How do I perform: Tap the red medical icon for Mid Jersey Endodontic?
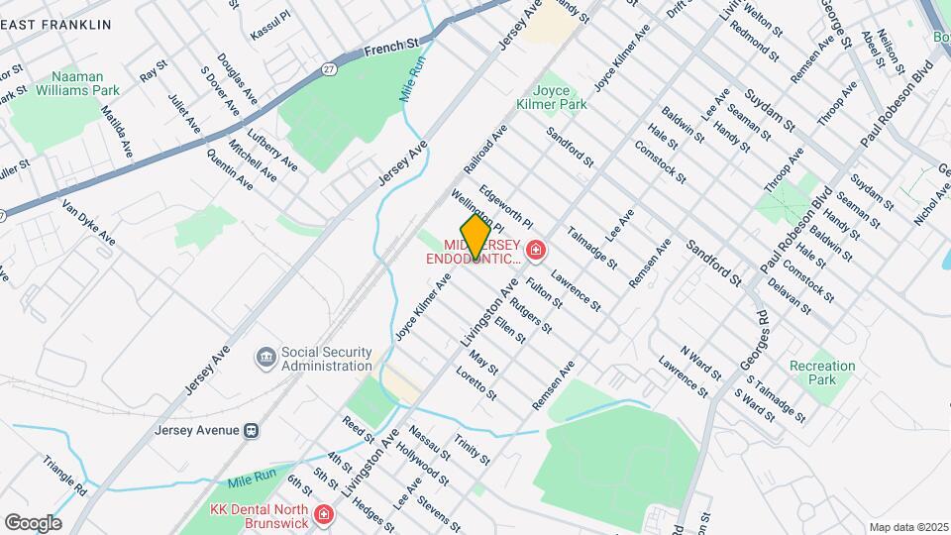point(536,252)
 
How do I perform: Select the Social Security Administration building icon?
point(264,357)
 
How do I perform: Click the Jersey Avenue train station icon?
point(252,430)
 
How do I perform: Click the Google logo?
point(33,522)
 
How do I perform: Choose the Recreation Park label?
point(822,373)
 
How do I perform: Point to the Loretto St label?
point(475,384)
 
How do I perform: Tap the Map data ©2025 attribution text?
point(907,526)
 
